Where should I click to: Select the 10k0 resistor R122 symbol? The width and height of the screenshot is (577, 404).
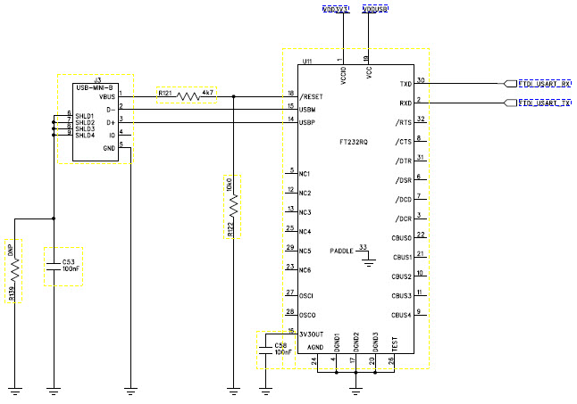click(x=234, y=206)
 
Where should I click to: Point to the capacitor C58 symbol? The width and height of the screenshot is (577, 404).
click(x=265, y=350)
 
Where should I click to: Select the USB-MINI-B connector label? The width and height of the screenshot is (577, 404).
click(x=95, y=87)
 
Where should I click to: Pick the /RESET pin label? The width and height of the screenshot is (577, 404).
click(x=313, y=95)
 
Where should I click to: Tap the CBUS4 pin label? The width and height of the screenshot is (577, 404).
click(x=401, y=315)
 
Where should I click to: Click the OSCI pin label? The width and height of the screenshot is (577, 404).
click(x=307, y=294)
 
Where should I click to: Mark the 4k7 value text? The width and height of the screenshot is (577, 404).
click(x=207, y=92)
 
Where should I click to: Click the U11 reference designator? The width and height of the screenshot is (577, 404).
click(x=307, y=62)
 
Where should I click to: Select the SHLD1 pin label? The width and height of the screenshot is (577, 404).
click(x=85, y=115)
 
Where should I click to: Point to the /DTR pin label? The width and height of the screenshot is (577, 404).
click(x=403, y=160)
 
